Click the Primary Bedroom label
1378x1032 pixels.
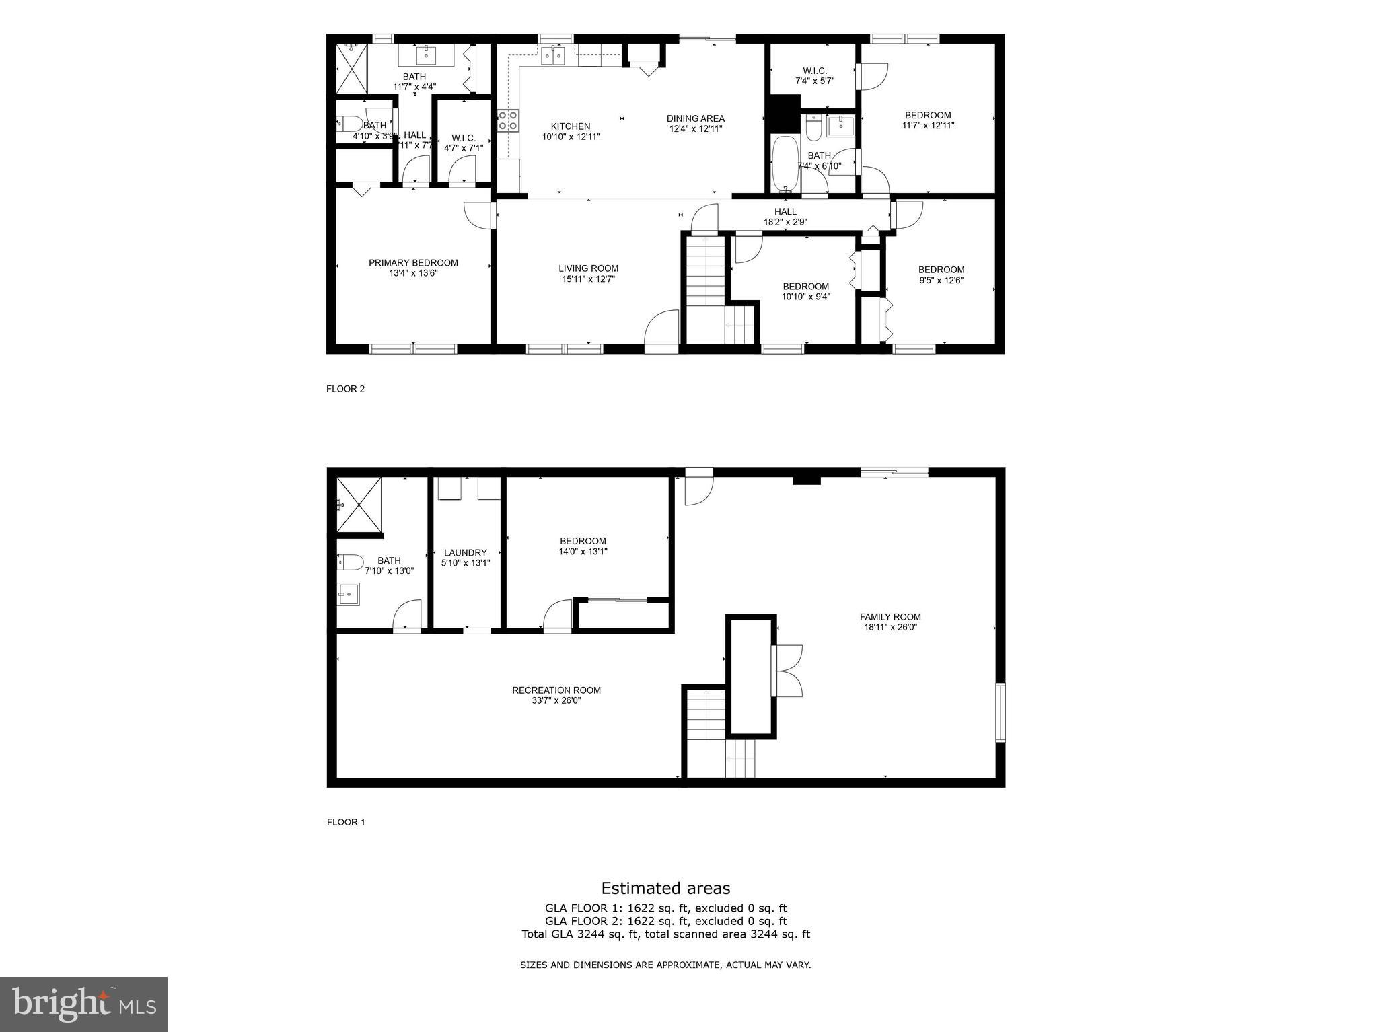pos(413,263)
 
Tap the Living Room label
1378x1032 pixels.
pos(588,268)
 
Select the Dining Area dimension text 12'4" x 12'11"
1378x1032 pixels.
pos(695,128)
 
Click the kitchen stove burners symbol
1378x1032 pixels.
pos(508,121)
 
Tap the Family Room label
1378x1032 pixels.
pos(890,617)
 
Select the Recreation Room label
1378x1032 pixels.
pos(556,690)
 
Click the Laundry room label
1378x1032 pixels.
pos(465,553)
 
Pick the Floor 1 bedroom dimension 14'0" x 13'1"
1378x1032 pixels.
pos(583,552)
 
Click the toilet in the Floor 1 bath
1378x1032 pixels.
pos(350,562)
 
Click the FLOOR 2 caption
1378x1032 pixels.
pos(345,389)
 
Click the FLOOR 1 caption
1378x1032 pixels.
pos(345,822)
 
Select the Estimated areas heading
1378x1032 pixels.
pos(665,889)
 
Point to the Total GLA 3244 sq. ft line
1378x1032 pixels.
pos(665,934)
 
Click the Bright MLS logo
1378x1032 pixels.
pos(83,1004)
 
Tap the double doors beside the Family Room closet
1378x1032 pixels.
pos(789,671)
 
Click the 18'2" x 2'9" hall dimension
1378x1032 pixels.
pos(785,222)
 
